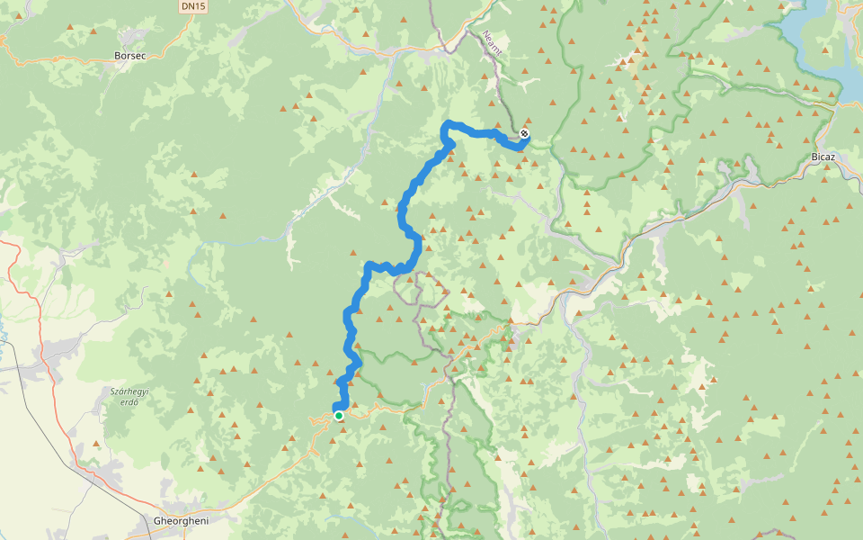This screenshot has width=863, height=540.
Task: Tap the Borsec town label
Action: [130, 55]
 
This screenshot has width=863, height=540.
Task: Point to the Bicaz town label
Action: [823, 157]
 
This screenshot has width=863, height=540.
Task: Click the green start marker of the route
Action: [338, 416]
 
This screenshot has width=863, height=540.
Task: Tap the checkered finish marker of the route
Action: [524, 135]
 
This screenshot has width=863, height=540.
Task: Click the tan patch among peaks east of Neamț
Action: [636, 63]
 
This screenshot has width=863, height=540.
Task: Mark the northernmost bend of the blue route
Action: [449, 123]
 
